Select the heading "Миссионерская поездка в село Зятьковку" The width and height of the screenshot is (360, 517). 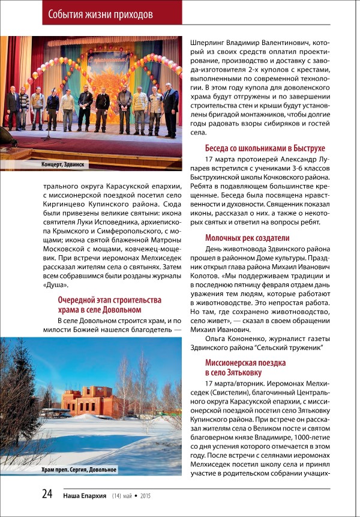[245, 368]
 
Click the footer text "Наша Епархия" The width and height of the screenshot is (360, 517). [83, 495]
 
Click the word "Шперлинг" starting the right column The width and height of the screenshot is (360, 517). [208, 43]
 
